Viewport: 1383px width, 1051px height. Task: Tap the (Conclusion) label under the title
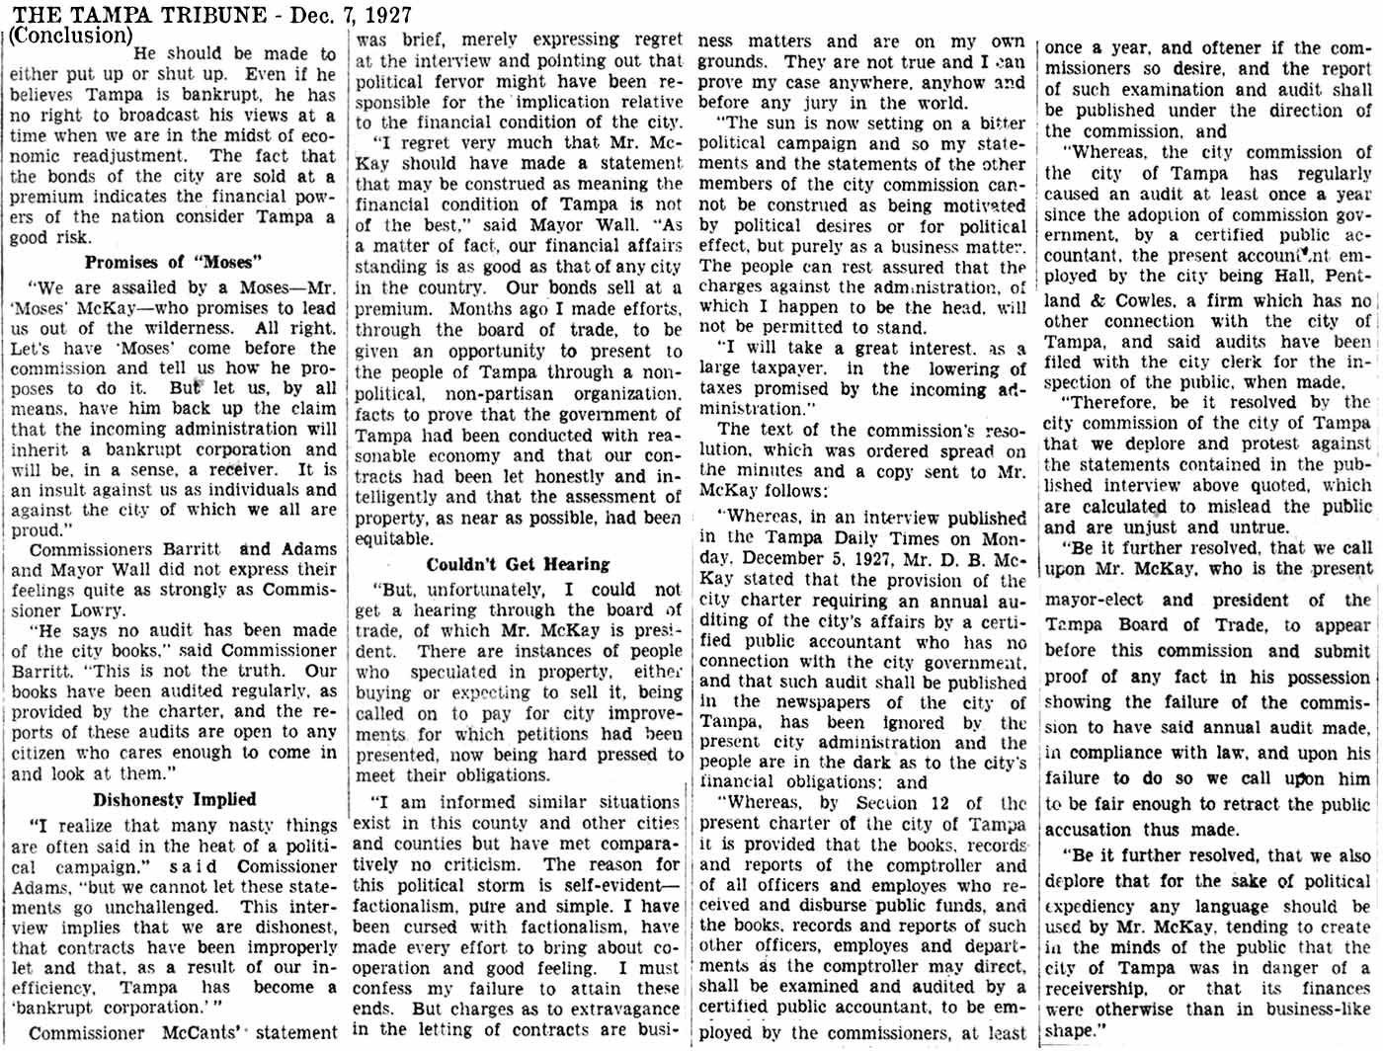click(71, 36)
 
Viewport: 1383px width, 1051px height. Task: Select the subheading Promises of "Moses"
click(174, 262)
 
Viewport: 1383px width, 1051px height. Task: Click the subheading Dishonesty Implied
click(175, 799)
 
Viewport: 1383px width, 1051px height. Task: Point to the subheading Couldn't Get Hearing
click(519, 564)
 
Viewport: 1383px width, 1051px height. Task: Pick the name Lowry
click(97, 609)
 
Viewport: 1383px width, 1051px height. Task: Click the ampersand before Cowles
click(1098, 300)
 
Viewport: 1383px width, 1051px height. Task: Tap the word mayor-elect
click(1094, 600)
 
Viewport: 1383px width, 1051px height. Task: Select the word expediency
click(1091, 906)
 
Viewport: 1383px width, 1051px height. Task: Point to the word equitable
click(392, 538)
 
